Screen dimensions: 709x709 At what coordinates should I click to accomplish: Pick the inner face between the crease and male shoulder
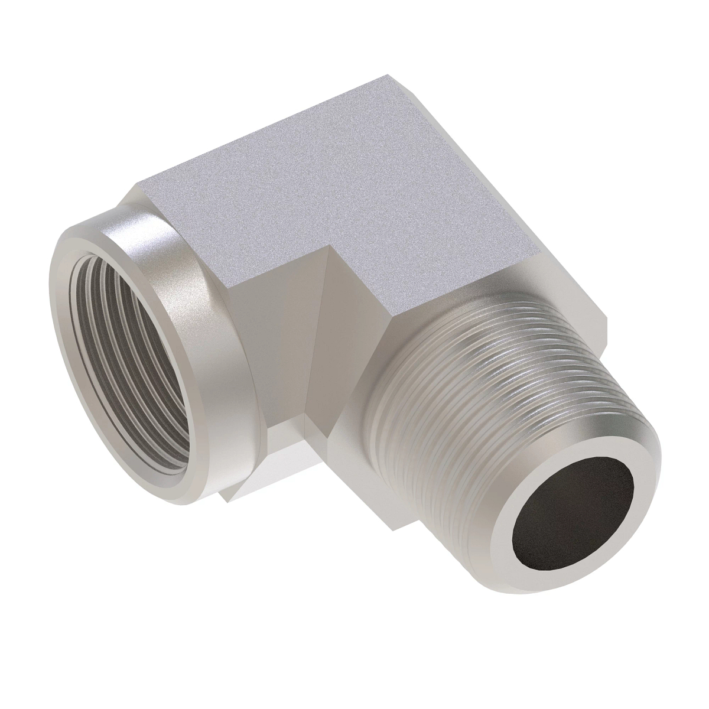[x=349, y=331]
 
